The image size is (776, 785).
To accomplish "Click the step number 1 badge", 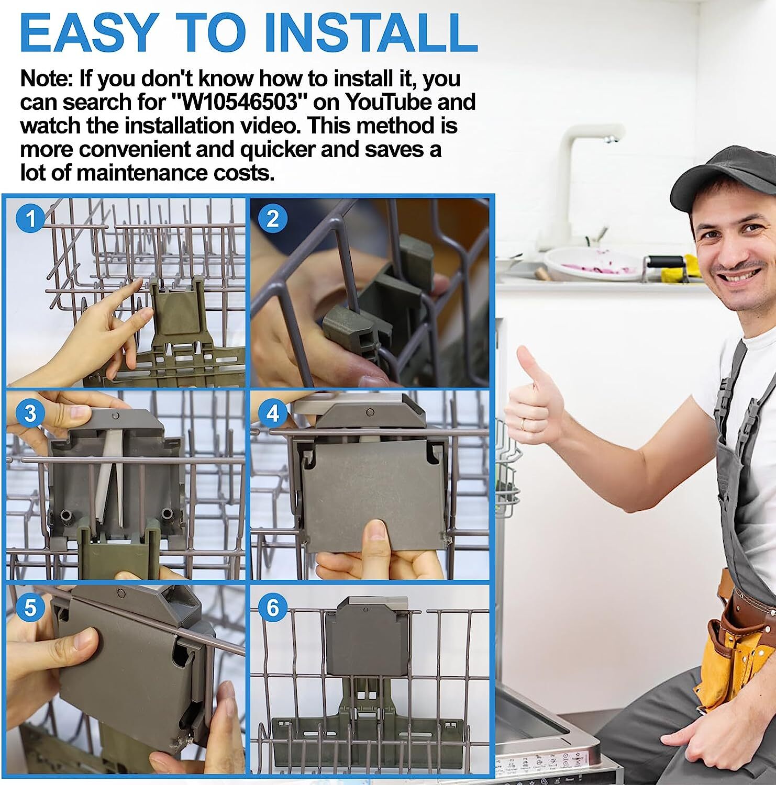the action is click(x=31, y=218).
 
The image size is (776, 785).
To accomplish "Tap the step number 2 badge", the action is click(x=273, y=218).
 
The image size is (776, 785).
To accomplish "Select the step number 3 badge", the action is click(x=30, y=413).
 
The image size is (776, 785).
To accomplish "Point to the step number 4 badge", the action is click(x=273, y=413).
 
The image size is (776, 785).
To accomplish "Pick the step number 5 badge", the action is click(x=30, y=608).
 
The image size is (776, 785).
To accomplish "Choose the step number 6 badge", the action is click(x=273, y=608).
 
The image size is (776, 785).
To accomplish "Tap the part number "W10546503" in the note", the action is click(x=239, y=102).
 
